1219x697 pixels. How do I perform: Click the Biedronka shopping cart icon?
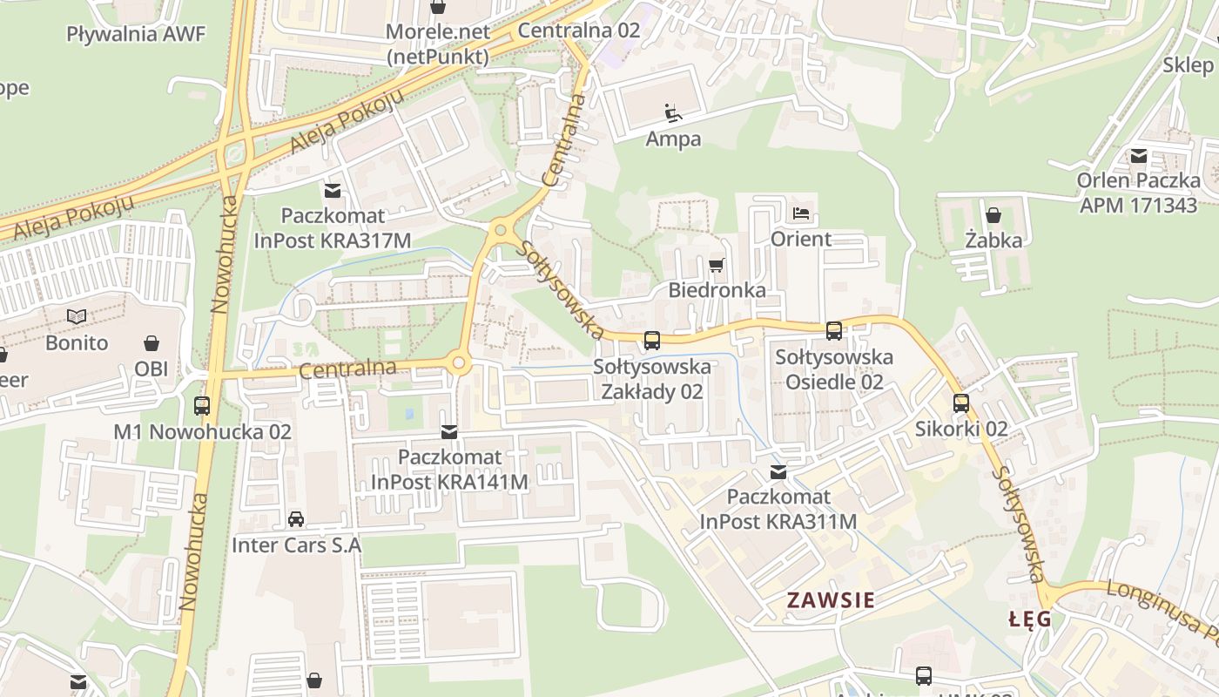(x=717, y=265)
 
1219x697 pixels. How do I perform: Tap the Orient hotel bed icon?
(x=801, y=213)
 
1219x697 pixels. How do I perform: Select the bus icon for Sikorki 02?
(x=961, y=403)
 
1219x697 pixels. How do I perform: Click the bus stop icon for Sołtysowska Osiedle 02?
(x=834, y=330)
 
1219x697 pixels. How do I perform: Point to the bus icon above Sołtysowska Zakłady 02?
(x=651, y=340)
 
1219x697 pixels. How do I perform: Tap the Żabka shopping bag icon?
(x=993, y=214)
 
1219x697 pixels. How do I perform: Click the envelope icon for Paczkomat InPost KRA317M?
(x=332, y=190)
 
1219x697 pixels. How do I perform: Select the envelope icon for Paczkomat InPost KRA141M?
(x=449, y=430)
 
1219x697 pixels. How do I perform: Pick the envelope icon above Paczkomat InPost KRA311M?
(x=778, y=472)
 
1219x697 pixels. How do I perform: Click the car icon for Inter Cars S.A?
(x=296, y=519)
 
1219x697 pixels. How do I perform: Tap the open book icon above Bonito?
(x=77, y=316)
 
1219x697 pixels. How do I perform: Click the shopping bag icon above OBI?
(x=152, y=342)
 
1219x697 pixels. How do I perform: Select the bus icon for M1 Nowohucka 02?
(x=202, y=405)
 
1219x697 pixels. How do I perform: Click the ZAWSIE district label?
(x=831, y=599)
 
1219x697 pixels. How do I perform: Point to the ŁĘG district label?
(x=1029, y=619)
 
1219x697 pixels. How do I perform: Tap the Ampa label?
(x=673, y=139)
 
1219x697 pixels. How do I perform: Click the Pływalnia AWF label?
(x=136, y=34)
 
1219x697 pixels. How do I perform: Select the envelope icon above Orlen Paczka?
(x=1138, y=156)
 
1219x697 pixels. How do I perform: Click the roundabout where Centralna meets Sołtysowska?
(x=500, y=230)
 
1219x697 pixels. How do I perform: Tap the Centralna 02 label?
(x=578, y=30)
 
